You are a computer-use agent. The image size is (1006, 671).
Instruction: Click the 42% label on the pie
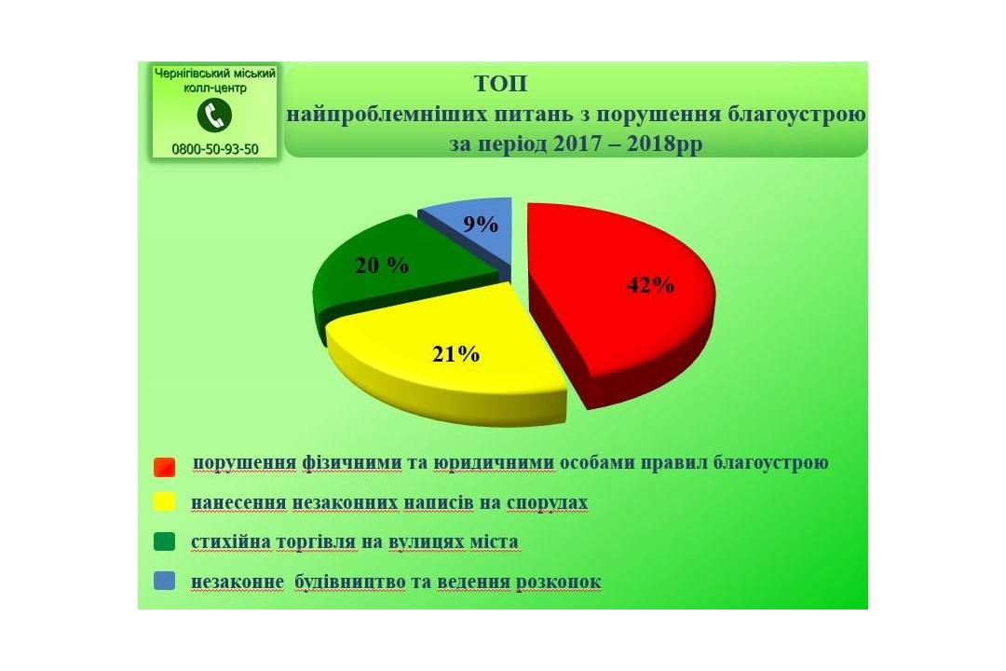pos(650,285)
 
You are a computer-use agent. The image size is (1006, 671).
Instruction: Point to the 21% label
pos(455,354)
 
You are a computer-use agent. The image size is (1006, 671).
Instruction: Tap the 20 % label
pos(382,266)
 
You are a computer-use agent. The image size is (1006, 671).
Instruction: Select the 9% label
pos(481,224)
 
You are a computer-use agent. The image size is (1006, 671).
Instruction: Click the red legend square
pos(164,467)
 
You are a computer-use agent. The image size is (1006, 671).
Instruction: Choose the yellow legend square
pos(164,501)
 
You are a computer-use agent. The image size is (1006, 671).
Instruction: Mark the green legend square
pos(164,541)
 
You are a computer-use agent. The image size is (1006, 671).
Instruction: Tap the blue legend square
pos(164,581)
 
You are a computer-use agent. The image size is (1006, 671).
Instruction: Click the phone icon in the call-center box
pos(214,116)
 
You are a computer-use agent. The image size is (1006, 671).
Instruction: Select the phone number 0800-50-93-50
pos(215,149)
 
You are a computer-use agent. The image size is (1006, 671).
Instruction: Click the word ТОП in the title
pos(501,84)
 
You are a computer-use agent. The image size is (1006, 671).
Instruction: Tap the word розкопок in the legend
pos(559,582)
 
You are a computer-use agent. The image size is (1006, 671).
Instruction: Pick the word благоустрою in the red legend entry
pos(770,462)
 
